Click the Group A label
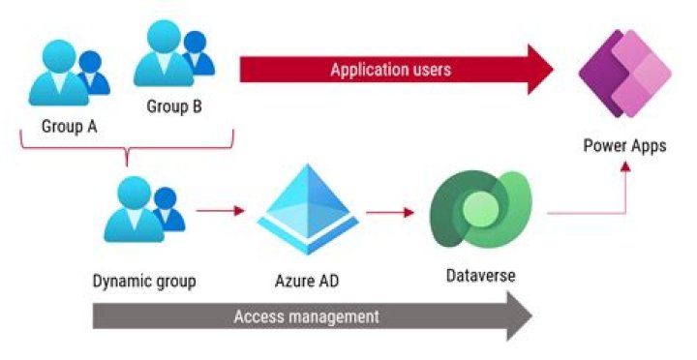[69, 126]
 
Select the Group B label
[174, 106]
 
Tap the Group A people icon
[69, 73]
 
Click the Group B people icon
[174, 53]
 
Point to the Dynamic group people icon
[144, 209]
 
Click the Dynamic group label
[144, 282]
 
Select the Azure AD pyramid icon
[308, 209]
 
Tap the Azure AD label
[307, 281]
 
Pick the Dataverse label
[481, 276]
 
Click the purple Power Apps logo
[625, 74]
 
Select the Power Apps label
[625, 146]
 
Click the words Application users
[391, 70]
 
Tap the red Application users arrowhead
[540, 70]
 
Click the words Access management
[307, 316]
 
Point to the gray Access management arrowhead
[519, 316]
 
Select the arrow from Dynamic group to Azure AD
[221, 211]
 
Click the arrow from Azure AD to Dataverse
[390, 213]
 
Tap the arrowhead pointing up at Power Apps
[625, 166]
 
